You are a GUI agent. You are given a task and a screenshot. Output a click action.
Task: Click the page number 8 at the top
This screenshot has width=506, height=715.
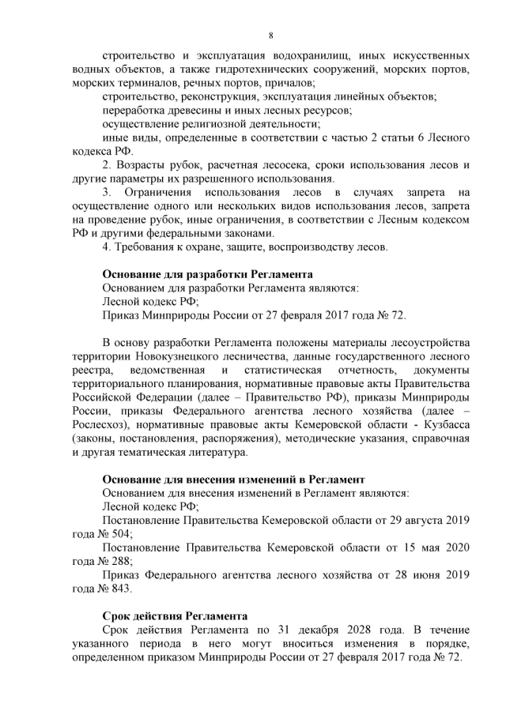pyautogui.click(x=270, y=36)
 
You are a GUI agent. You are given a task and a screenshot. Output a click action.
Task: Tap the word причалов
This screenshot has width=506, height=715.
pyautogui.click(x=289, y=83)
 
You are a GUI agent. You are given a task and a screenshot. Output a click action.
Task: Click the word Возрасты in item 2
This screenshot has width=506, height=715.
pyautogui.click(x=146, y=165)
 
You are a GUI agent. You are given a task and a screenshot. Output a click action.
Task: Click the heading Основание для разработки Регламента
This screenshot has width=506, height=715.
pyautogui.click(x=208, y=274)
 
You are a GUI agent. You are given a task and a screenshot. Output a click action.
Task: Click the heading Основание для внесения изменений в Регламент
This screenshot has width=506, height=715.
pyautogui.click(x=233, y=480)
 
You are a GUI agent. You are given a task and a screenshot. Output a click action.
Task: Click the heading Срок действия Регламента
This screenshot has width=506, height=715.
pyautogui.click(x=176, y=616)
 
